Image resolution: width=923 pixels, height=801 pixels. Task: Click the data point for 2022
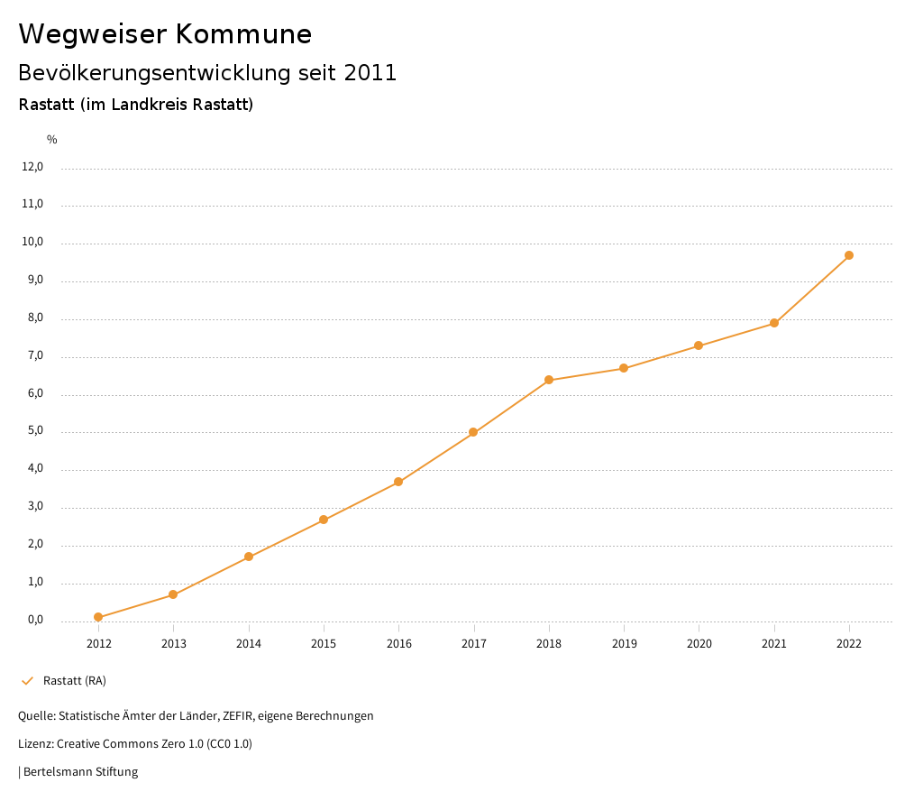(x=849, y=255)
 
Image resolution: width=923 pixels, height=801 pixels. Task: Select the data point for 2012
(x=98, y=618)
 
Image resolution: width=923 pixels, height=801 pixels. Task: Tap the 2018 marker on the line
(x=549, y=380)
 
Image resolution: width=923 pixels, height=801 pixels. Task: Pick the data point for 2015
(x=324, y=520)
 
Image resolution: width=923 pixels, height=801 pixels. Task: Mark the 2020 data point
(x=699, y=345)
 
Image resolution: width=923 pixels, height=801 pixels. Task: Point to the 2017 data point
(x=473, y=432)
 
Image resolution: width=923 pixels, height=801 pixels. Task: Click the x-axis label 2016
(x=398, y=644)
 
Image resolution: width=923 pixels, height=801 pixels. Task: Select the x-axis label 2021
(x=774, y=644)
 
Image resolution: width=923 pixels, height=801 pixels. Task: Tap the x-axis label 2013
(x=174, y=644)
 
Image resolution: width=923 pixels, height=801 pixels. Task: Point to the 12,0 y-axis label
(x=32, y=167)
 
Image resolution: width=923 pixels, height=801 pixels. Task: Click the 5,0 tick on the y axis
(x=35, y=431)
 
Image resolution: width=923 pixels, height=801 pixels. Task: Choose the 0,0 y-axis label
(x=35, y=620)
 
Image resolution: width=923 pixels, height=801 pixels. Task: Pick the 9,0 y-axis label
(x=35, y=281)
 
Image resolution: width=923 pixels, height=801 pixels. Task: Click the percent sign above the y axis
(x=52, y=140)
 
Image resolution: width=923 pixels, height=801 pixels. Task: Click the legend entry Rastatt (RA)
(x=75, y=680)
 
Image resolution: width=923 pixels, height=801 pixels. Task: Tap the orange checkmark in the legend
(x=27, y=680)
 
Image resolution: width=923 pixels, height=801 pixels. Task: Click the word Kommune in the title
(x=243, y=34)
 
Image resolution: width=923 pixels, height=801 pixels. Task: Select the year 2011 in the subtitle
(x=370, y=73)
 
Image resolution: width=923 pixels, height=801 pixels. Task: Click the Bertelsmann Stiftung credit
(x=80, y=772)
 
